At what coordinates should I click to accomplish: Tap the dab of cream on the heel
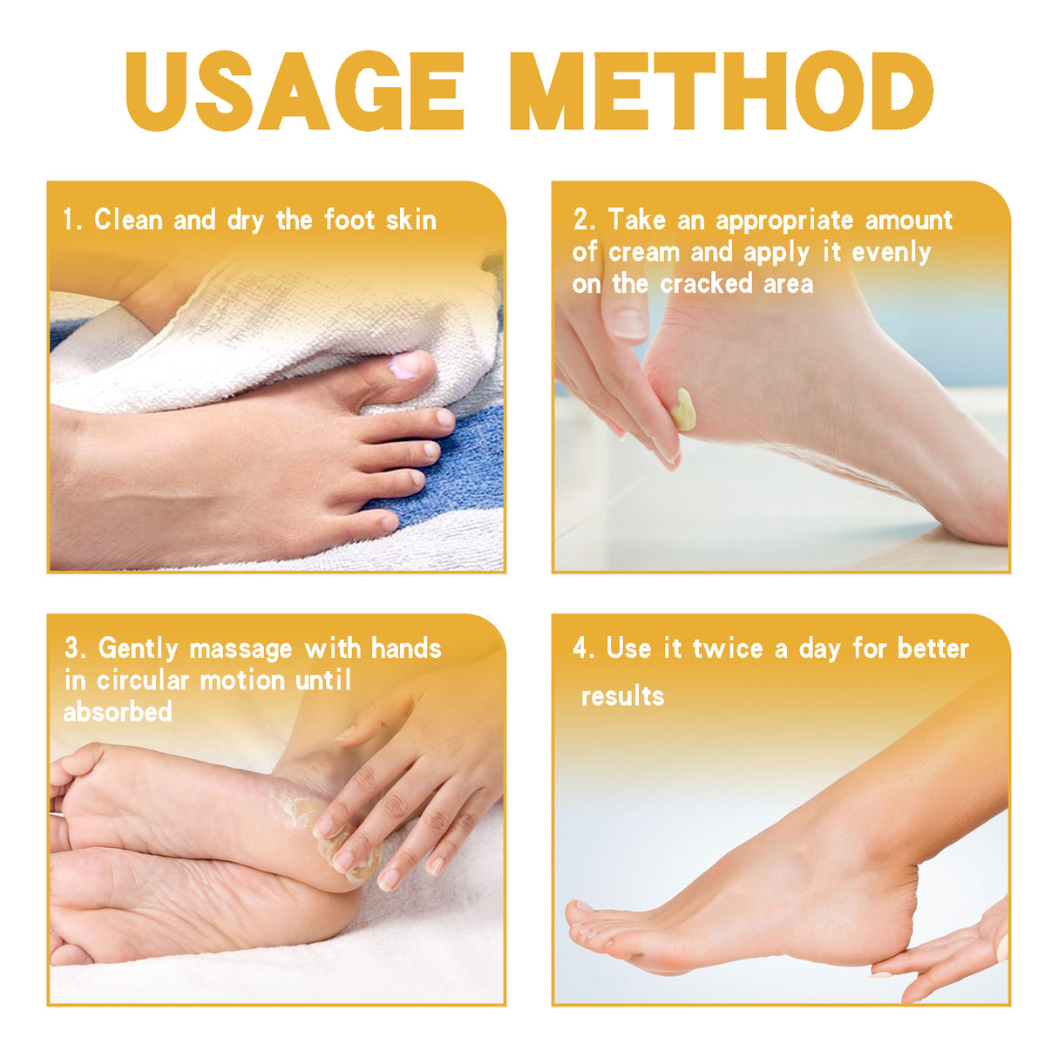pos(685,410)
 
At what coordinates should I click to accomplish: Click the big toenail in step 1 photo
pos(404,367)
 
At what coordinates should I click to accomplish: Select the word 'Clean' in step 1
pos(128,220)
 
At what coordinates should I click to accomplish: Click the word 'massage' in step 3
pos(241,649)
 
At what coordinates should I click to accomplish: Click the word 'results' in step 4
pos(622,696)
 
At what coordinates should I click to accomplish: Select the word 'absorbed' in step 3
pos(118,712)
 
